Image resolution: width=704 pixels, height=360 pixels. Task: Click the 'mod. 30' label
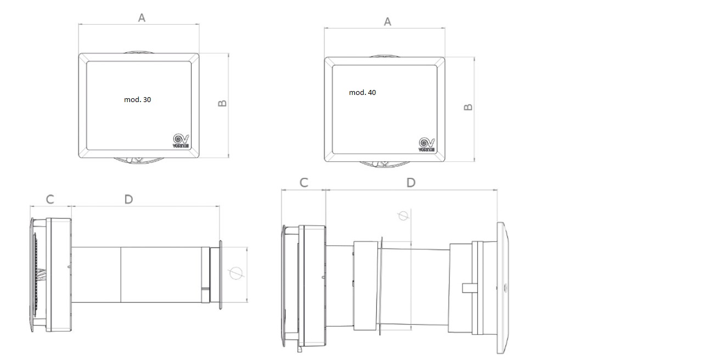[x=137, y=100]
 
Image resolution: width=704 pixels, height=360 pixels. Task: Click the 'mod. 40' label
[x=362, y=93]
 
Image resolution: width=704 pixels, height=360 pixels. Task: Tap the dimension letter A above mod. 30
[x=142, y=18]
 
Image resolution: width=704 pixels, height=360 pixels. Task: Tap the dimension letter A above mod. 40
[x=387, y=22]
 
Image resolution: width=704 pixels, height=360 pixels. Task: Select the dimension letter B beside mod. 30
[x=222, y=103]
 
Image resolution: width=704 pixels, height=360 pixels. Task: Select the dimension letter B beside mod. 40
[x=468, y=107]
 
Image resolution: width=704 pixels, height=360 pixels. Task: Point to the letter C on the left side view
[x=50, y=199]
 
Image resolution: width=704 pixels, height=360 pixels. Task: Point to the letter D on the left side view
[x=128, y=199]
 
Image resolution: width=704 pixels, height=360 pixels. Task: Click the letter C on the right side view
[x=303, y=183]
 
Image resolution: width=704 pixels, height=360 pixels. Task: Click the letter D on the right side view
[x=410, y=183]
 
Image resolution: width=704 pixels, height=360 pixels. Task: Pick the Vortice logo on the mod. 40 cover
[x=426, y=144]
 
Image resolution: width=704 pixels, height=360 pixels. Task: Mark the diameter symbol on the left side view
[x=235, y=272]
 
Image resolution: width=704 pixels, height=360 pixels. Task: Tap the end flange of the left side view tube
[x=221, y=273]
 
